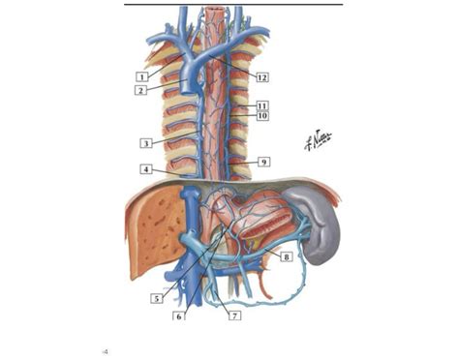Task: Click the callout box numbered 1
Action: pos(141,75)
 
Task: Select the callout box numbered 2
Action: pos(141,90)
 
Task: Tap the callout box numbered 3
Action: pos(145,143)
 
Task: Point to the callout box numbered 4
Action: pos(145,169)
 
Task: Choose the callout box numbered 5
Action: pos(156,299)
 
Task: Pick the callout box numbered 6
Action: pos(178,315)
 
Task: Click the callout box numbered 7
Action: pos(232,315)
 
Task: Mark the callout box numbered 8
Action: pos(287,256)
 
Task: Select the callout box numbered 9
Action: pos(263,162)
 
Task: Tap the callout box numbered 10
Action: pos(261,116)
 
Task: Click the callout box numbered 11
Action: pos(261,105)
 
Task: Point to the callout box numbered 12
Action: pos(261,75)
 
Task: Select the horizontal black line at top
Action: pos(233,4)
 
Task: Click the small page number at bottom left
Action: pos(106,352)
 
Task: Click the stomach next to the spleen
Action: pos(266,218)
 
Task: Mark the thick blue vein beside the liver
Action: pos(191,232)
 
